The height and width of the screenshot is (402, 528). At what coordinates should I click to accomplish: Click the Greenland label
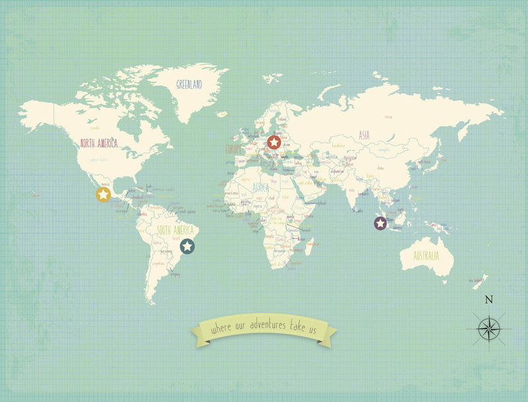189,84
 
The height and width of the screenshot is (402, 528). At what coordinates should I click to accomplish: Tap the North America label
98,143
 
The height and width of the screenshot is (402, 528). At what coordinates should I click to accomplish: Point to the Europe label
235,149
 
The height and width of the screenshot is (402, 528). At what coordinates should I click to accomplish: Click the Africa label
260,188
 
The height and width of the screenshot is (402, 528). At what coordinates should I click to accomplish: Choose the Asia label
364,135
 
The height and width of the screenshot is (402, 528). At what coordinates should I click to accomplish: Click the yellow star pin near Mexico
103,194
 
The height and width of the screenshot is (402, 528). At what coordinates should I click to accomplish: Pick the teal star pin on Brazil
187,247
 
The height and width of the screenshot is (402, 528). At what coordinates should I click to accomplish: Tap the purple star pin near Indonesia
380,223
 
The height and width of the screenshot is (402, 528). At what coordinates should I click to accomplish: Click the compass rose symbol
488,329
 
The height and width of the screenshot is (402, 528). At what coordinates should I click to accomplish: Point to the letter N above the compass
489,300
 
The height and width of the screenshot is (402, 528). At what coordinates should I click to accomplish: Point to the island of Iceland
271,78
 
